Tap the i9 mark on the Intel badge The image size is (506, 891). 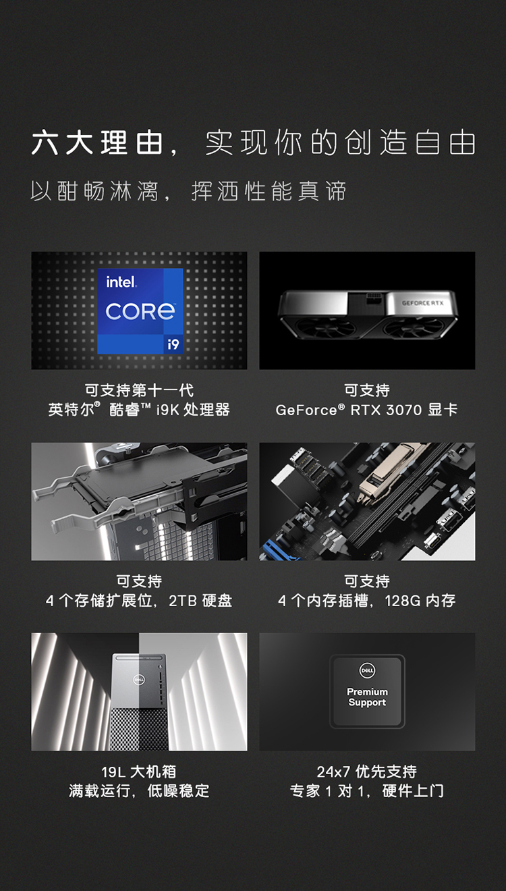click(173, 344)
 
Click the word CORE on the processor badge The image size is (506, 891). click(140, 311)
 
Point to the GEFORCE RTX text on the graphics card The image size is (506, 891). click(422, 303)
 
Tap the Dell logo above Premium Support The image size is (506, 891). click(367, 671)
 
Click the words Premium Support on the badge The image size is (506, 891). click(367, 697)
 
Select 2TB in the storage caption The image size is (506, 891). click(183, 601)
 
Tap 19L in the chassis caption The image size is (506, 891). click(113, 772)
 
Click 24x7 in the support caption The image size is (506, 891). click(333, 772)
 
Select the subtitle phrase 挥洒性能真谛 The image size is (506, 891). click(269, 191)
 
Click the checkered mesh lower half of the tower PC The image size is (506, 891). click(139, 730)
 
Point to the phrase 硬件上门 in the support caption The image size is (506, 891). click(413, 791)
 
